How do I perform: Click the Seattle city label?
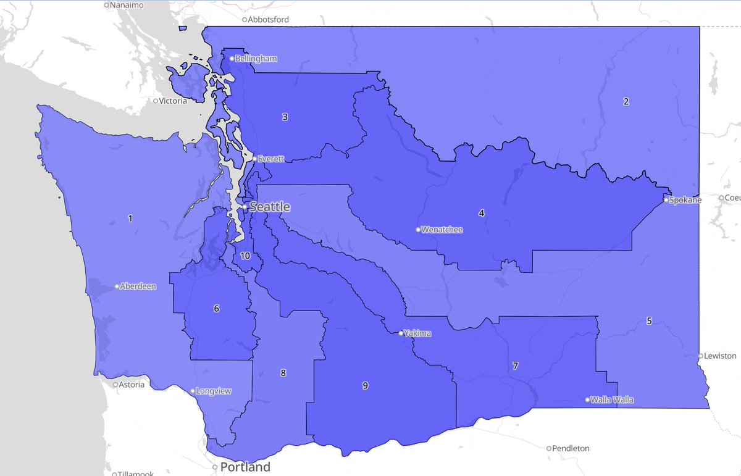coord(269,207)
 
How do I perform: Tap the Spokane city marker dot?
coord(666,200)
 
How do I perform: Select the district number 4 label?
coord(481,214)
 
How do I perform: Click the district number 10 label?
coord(245,256)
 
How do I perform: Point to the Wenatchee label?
coord(442,230)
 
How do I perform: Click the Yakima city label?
coord(418,333)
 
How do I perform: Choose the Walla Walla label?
coord(612,400)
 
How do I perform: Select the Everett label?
coord(270,159)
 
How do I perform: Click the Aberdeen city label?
coord(138,286)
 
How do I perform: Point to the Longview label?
coord(213,391)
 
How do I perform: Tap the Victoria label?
coord(173,101)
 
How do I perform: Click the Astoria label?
coord(132,385)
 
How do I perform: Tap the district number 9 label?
coord(365,386)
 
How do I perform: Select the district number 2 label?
coord(626,102)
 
